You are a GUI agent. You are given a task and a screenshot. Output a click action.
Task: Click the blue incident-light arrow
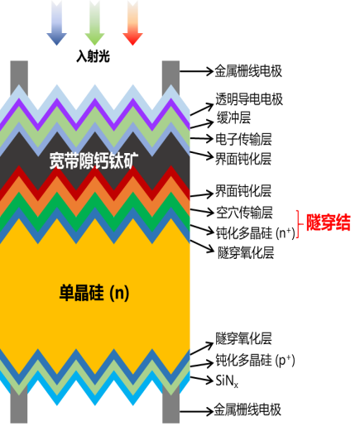[x=56, y=23]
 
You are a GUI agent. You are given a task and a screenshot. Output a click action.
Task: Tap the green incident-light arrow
[x=94, y=23]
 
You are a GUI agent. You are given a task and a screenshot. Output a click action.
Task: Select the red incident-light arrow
[x=132, y=23]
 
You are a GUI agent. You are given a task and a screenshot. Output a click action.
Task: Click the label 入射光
[x=93, y=56]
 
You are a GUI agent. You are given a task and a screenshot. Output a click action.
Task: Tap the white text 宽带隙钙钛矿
[x=94, y=160]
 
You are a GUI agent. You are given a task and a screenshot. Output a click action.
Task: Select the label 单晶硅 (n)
[x=94, y=293]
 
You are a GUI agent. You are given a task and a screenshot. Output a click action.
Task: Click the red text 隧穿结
[x=329, y=223]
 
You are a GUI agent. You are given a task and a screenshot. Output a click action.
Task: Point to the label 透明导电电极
[x=249, y=99]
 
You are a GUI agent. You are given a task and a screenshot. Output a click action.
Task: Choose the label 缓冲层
[x=233, y=118]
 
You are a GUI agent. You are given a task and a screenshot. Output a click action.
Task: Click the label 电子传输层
[x=243, y=139]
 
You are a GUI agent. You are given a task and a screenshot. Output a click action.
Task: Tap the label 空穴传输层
[x=244, y=213]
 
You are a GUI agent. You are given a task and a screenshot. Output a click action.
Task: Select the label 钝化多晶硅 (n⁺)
[x=256, y=233]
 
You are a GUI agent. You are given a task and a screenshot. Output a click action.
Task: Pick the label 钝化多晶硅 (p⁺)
[x=255, y=360]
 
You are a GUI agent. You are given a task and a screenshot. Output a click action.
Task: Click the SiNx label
[x=227, y=381]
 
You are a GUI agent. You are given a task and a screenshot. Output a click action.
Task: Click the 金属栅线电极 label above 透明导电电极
[x=248, y=71]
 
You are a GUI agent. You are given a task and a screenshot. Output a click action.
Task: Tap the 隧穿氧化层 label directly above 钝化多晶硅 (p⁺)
[x=243, y=338]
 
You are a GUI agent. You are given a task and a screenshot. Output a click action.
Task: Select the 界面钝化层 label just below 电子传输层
[x=243, y=159]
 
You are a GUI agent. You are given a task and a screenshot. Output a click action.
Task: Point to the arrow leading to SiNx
[x=202, y=379]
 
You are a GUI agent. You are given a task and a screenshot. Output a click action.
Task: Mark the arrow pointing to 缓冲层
[x=202, y=125]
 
